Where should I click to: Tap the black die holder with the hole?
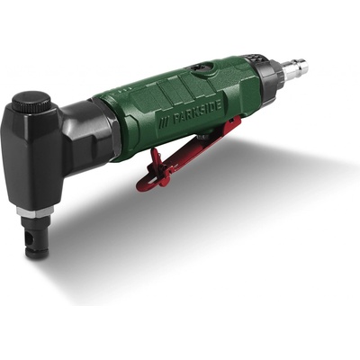pyautogui.click(x=37, y=239)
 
